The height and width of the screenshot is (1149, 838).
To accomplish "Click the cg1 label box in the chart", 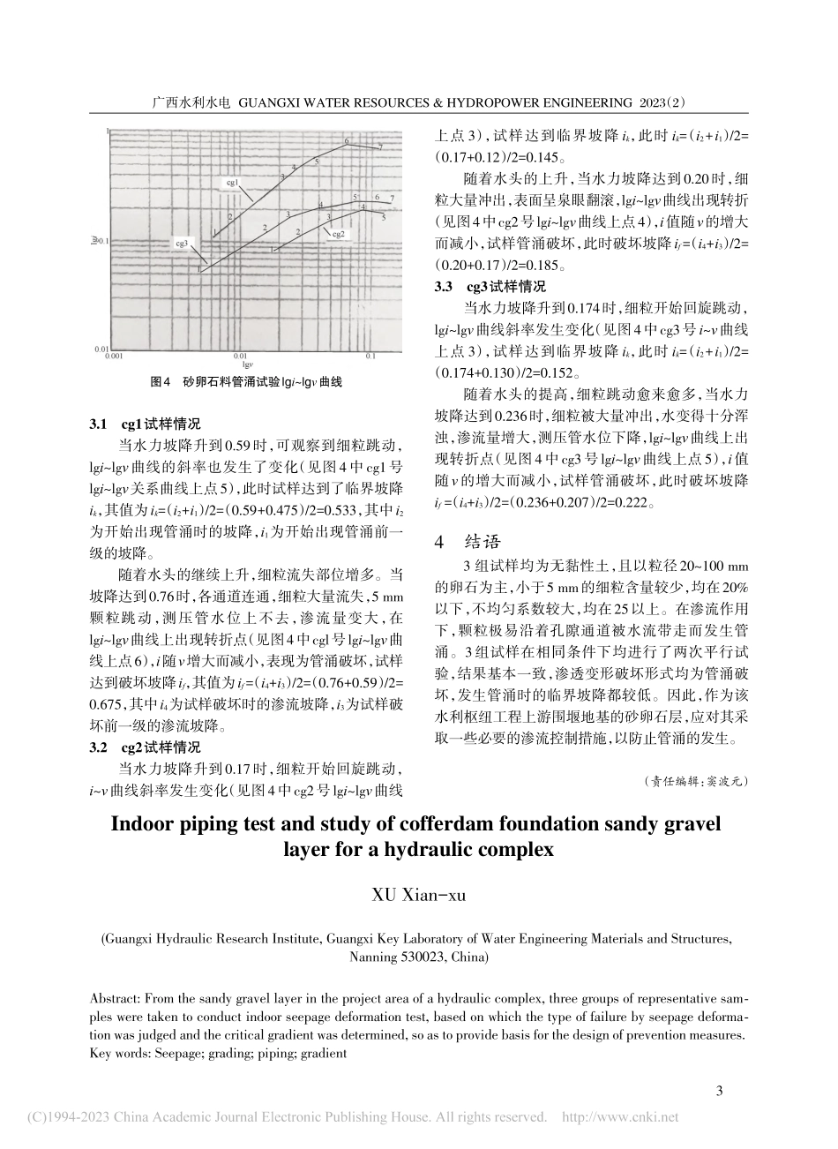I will (234, 183).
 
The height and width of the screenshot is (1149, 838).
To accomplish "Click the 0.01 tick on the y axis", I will (101, 349).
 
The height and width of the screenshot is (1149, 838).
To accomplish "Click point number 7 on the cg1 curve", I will (380, 146).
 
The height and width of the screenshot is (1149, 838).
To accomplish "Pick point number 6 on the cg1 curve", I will (347, 141).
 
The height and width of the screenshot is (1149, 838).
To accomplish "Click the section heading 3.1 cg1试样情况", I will (146, 424).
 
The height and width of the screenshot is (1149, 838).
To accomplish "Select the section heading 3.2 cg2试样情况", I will (146, 747).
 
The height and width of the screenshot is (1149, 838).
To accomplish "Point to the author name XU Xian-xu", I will (418, 896).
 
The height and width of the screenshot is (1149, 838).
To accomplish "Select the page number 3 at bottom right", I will (719, 1092).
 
